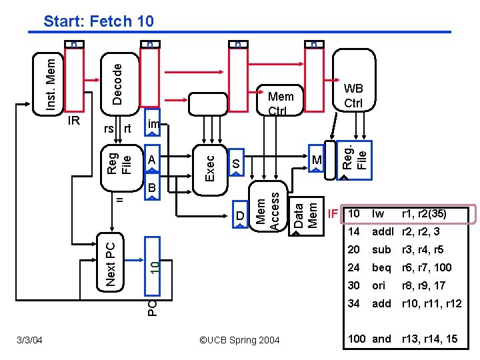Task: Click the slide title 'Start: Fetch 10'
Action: [99, 21]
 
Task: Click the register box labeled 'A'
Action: [152, 161]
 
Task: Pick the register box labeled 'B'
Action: [152, 189]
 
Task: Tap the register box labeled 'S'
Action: [235, 164]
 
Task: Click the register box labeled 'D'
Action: [239, 215]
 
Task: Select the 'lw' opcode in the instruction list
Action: [379, 214]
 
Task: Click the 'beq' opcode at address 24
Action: [381, 267]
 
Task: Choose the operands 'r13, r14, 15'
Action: [429, 339]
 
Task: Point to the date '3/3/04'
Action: [29, 341]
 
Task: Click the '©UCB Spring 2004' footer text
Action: [240, 341]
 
